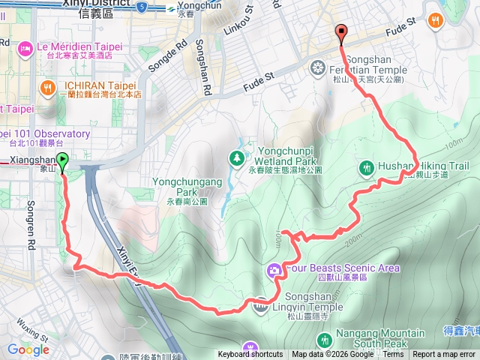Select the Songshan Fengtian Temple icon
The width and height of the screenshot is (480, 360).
click(319, 70)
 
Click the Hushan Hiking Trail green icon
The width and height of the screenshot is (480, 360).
click(367, 167)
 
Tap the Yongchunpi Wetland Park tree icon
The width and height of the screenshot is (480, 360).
click(237, 158)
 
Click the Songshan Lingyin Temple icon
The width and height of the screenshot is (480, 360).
click(260, 304)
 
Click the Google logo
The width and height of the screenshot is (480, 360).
click(28, 349)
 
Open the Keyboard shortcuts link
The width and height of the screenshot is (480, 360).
click(250, 355)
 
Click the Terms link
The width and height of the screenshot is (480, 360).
click(393, 355)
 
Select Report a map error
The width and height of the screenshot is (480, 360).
click(444, 355)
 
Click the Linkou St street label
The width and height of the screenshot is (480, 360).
click(239, 27)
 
